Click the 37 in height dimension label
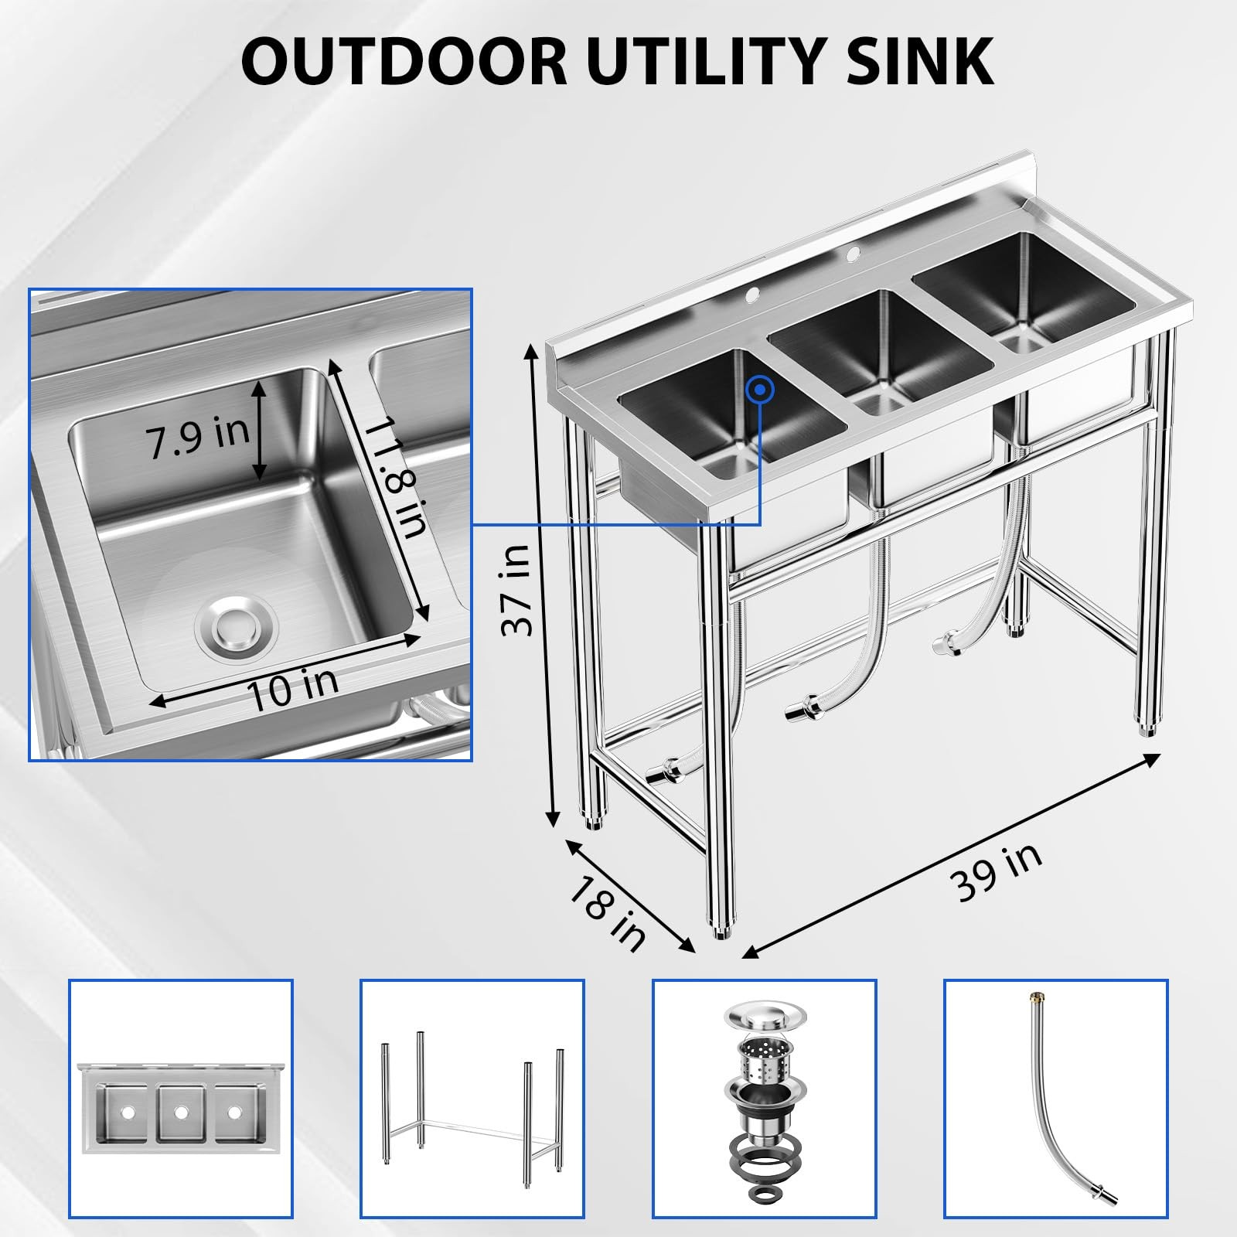(516, 590)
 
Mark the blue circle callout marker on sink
(761, 390)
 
